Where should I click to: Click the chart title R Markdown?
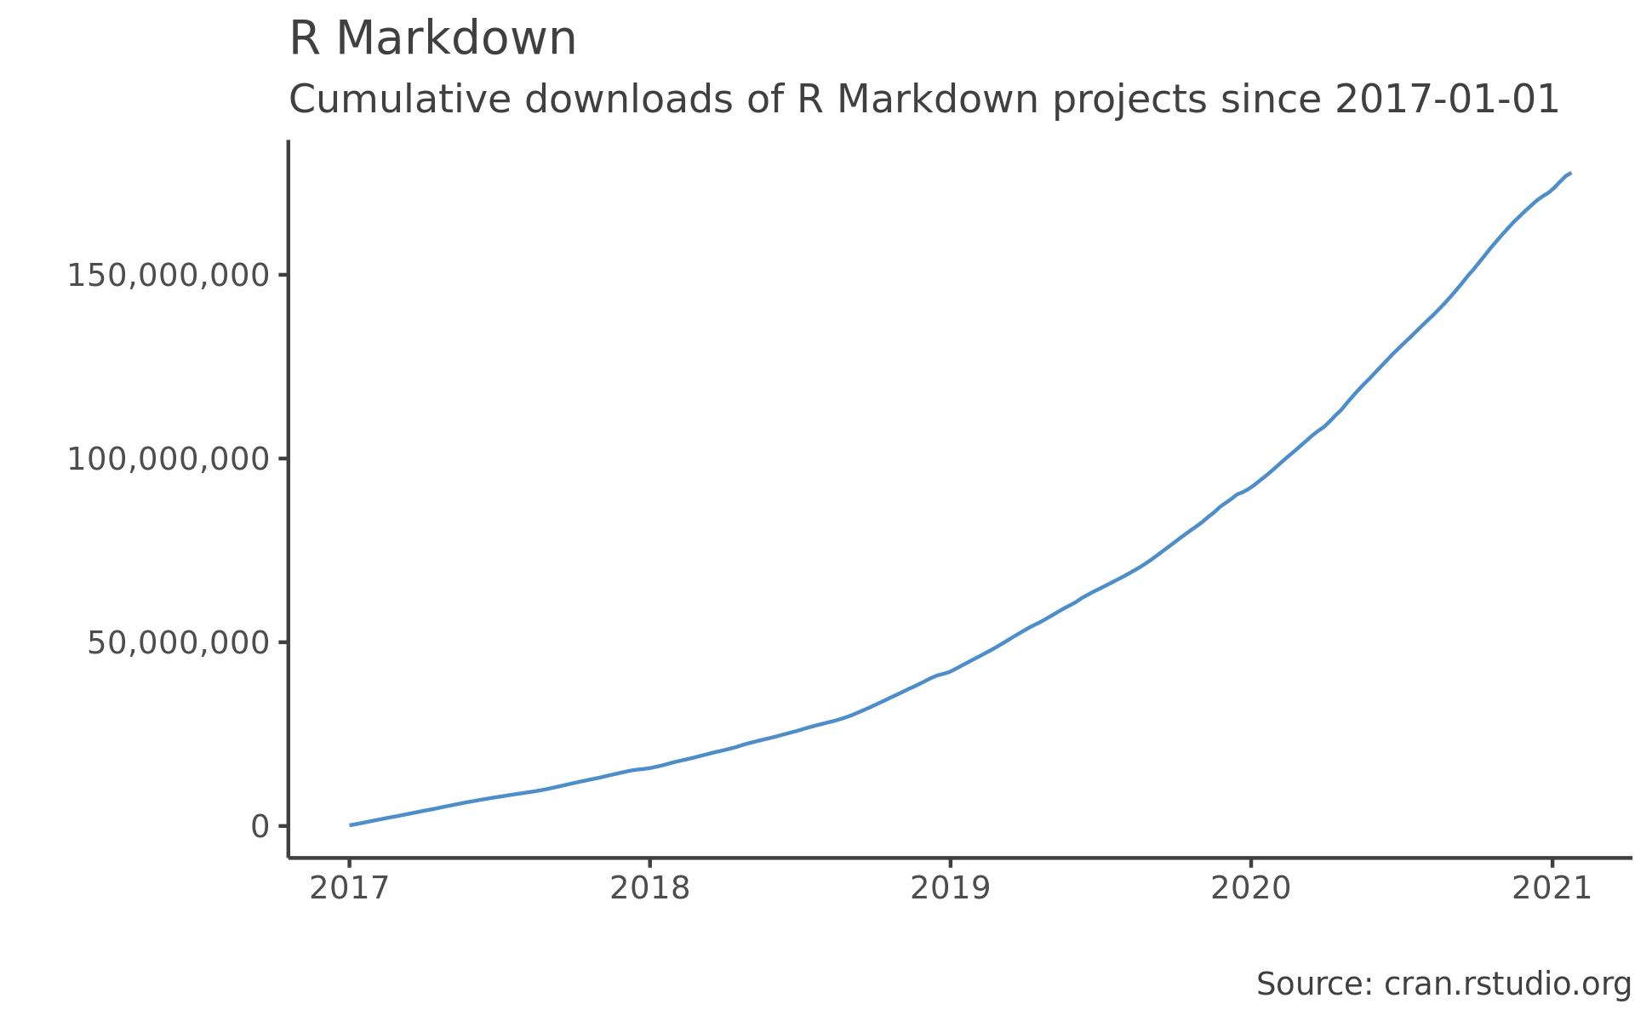(432, 40)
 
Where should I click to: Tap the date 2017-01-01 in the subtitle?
(1446, 100)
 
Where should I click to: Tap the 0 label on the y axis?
(260, 827)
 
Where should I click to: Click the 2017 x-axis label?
(349, 889)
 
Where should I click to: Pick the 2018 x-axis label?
(650, 889)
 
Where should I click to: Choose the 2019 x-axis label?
(951, 889)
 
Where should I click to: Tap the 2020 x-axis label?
(1251, 889)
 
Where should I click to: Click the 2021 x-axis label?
(1552, 889)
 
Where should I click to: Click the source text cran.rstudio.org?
(1507, 984)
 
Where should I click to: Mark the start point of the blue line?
(351, 824)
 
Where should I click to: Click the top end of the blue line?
(1569, 174)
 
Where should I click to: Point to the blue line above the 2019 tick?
(951, 670)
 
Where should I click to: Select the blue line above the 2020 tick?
(1251, 487)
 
